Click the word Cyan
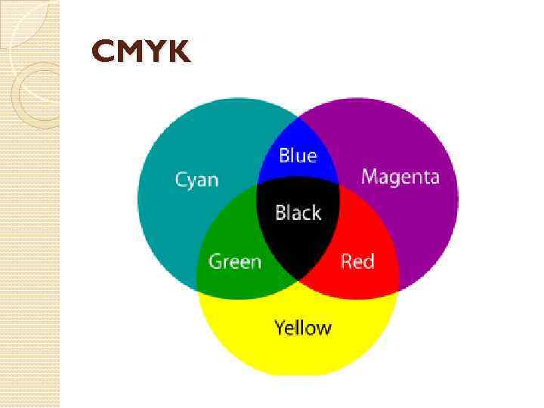[196, 180]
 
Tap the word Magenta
[400, 178]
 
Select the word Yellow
[302, 328]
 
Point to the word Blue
[298, 156]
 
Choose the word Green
[234, 262]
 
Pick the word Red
[357, 261]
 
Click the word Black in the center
[298, 213]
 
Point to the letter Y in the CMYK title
[154, 52]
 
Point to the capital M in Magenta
[369, 177]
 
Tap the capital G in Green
[215, 262]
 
